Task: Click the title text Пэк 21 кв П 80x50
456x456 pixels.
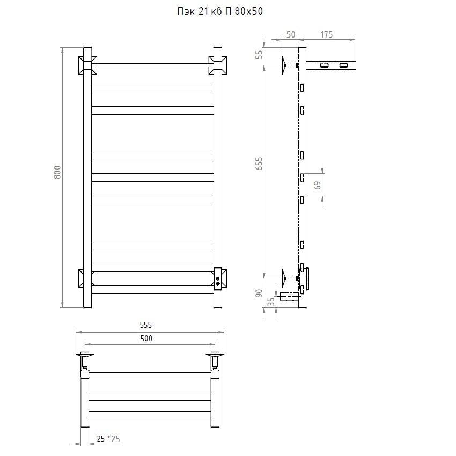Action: tap(220, 11)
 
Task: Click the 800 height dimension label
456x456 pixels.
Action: tap(57, 172)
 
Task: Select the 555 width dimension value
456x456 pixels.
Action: tap(146, 325)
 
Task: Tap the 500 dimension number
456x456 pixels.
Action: tap(146, 338)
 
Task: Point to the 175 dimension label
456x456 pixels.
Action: tap(327, 35)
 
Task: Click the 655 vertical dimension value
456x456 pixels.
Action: tap(259, 164)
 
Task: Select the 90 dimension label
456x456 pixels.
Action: tap(259, 293)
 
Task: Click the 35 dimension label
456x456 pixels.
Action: tap(271, 301)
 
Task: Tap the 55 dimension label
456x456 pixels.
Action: tap(259, 55)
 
